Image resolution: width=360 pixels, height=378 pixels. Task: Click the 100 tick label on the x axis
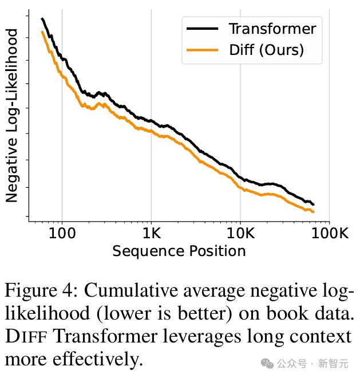click(62, 234)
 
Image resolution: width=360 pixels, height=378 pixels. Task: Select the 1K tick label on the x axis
click(151, 234)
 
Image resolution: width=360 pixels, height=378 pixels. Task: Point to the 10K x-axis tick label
click(240, 234)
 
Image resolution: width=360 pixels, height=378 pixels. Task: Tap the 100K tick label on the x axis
click(329, 234)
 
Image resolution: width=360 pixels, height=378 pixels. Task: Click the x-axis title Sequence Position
click(179, 251)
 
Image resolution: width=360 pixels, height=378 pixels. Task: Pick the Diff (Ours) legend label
click(266, 50)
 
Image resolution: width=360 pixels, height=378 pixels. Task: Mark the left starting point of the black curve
click(42, 19)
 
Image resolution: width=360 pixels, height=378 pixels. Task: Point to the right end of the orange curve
click(314, 212)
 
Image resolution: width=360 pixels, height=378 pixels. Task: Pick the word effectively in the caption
click(97, 360)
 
